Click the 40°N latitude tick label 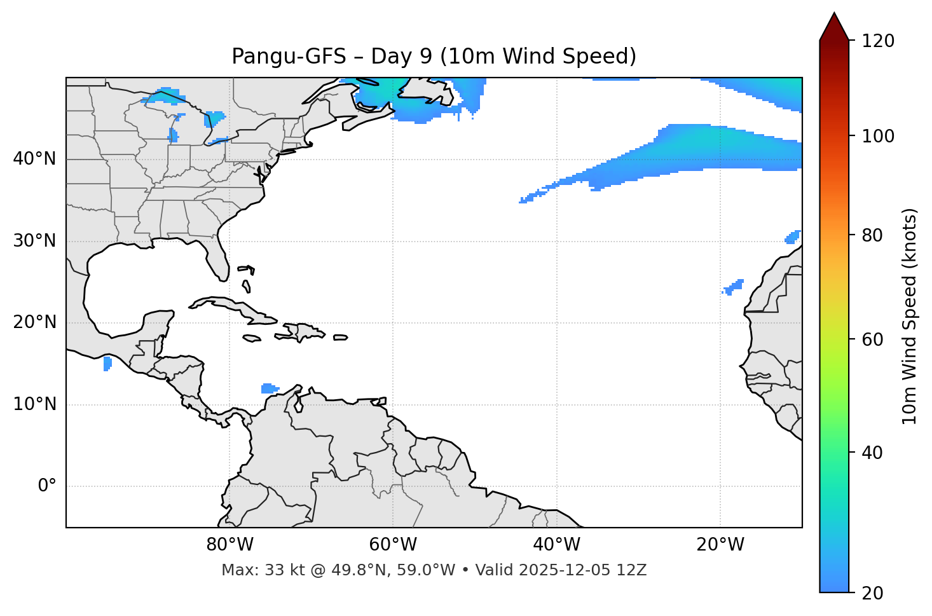34,159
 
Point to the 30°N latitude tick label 34,241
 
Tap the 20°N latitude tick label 34,322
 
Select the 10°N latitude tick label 34,404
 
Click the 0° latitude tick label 47,486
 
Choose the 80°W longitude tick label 230,545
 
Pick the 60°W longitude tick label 393,545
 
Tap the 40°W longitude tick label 556,545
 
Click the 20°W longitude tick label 720,545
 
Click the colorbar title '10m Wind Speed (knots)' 910,316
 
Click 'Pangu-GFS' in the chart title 289,57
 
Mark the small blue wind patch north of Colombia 269,388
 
